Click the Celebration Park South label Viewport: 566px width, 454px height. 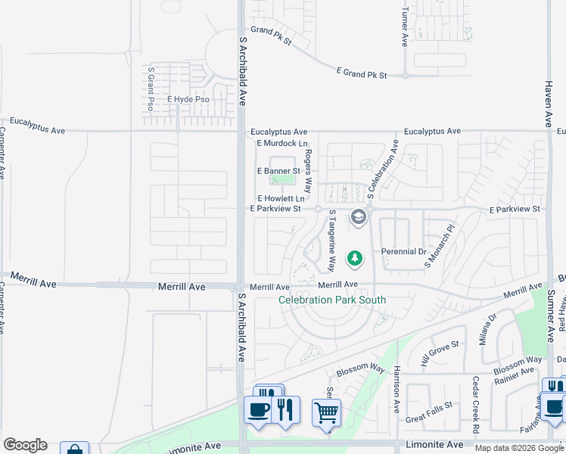(x=332, y=300)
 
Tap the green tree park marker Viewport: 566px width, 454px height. (x=354, y=259)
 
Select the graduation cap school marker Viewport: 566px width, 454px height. (x=358, y=219)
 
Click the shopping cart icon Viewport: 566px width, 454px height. (x=326, y=413)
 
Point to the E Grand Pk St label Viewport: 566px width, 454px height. (x=362, y=73)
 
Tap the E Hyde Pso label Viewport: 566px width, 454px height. (x=188, y=99)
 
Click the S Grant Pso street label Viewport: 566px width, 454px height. (x=151, y=89)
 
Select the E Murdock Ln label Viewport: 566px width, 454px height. (x=282, y=143)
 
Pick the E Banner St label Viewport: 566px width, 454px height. (x=278, y=171)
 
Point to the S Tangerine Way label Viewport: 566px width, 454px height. (x=331, y=241)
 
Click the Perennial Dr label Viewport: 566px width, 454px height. (x=403, y=251)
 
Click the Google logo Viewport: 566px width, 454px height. (x=25, y=445)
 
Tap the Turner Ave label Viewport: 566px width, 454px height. (x=406, y=28)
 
